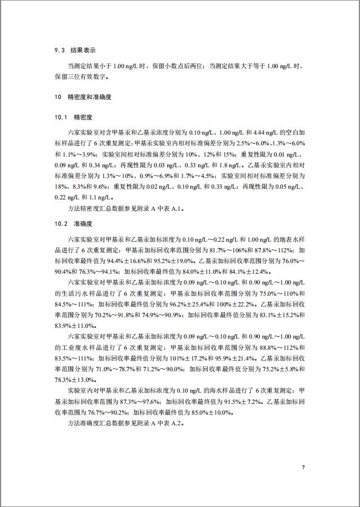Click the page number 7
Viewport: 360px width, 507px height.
[303, 468]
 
